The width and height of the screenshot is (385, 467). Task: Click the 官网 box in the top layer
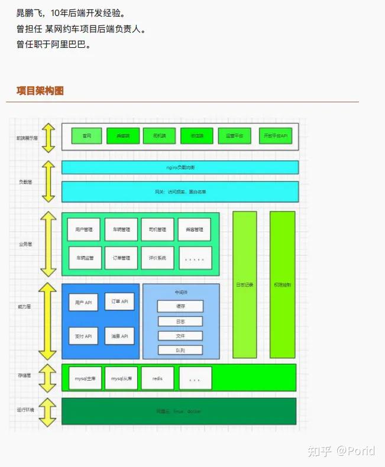click(87, 136)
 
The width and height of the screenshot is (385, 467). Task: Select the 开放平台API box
click(275, 136)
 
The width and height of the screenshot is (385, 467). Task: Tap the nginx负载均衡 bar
click(180, 167)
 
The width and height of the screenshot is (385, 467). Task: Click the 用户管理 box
click(84, 229)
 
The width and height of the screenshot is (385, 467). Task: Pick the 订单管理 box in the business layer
click(121, 258)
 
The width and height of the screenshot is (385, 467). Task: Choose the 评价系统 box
click(157, 258)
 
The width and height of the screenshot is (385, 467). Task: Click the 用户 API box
click(83, 303)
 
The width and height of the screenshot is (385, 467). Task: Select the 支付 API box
click(83, 336)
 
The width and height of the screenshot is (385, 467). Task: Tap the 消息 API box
click(120, 336)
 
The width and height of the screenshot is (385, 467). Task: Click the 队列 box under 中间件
click(180, 350)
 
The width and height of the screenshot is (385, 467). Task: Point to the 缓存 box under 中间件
click(180, 306)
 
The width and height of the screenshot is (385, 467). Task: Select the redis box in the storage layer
click(157, 378)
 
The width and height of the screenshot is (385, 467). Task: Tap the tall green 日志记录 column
click(244, 284)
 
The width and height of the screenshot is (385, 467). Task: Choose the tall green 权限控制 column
click(282, 284)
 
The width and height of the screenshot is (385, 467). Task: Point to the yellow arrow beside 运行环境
click(48, 411)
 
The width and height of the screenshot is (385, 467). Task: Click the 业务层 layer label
click(25, 243)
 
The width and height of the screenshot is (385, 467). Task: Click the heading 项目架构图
click(40, 90)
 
